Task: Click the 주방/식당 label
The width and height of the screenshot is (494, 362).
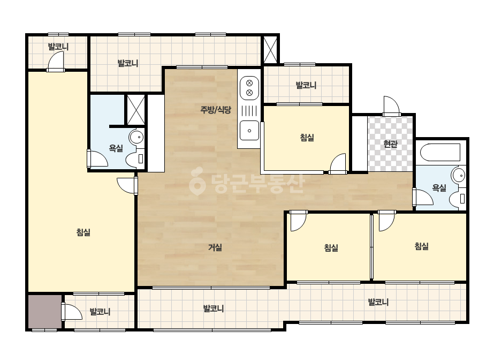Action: [x=216, y=110]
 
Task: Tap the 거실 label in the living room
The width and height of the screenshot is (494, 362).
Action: [x=215, y=247]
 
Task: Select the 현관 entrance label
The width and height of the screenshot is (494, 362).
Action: [x=390, y=144]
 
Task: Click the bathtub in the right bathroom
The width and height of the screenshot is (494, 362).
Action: [x=440, y=154]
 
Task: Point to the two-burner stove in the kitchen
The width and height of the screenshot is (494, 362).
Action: [x=249, y=88]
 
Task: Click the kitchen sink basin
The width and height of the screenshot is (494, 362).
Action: [x=249, y=131]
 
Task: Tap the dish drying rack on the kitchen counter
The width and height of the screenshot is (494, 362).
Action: [x=249, y=110]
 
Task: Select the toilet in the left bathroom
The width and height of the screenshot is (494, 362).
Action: [x=135, y=159]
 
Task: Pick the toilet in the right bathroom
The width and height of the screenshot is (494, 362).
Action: [x=458, y=199]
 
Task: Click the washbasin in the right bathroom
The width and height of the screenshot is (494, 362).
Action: [x=459, y=175]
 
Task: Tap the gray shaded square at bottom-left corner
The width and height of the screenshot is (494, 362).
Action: [x=45, y=312]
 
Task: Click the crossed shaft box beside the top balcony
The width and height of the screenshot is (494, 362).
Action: [x=270, y=50]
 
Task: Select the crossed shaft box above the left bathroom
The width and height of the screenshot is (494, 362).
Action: [x=136, y=110]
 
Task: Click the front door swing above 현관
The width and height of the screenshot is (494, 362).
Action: [x=391, y=105]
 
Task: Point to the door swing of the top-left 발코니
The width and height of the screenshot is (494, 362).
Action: [x=56, y=61]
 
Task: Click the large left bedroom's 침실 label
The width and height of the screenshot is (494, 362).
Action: [x=83, y=232]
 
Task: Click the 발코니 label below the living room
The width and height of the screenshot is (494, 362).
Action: [x=214, y=308]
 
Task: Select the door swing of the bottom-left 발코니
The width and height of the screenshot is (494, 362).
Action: [x=72, y=312]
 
